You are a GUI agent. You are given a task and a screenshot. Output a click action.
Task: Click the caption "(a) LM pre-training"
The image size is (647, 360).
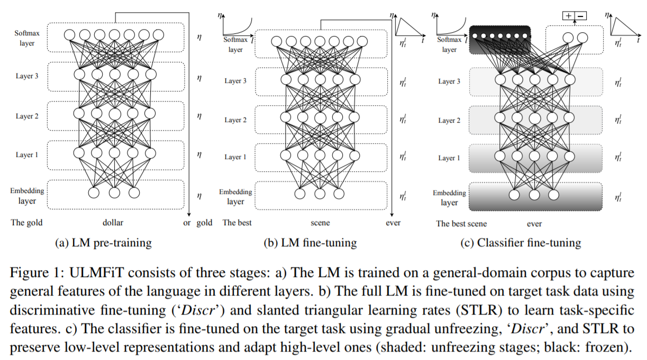click(103, 243)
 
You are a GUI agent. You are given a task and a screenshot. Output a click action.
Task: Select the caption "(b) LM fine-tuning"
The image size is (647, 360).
click(310, 243)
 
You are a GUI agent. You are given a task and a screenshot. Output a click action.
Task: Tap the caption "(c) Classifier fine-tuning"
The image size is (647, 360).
click(521, 243)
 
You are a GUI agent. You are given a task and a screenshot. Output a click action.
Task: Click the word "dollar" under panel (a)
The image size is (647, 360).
click(113, 223)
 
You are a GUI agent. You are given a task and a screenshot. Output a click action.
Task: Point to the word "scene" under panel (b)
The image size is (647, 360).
click(320, 223)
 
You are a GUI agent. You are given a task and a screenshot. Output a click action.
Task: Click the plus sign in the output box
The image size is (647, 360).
click(568, 15)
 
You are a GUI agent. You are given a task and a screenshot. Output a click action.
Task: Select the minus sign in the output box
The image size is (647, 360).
click(580, 16)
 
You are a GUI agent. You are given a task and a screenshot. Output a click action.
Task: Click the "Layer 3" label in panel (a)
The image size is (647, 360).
click(27, 76)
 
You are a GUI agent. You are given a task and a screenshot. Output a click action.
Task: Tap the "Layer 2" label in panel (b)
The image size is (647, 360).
click(235, 120)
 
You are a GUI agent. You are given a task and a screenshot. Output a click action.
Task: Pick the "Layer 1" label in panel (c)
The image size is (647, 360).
click(449, 158)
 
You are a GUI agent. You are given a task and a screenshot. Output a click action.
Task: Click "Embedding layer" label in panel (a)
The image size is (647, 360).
click(27, 196)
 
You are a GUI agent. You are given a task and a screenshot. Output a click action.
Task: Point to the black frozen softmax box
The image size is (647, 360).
click(500, 40)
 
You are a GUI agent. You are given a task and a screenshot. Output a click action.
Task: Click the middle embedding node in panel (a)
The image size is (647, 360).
click(114, 193)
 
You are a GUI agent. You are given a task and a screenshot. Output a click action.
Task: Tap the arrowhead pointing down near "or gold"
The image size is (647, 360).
click(189, 215)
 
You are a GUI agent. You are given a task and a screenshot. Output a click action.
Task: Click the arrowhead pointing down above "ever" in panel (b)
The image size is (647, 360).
click(391, 215)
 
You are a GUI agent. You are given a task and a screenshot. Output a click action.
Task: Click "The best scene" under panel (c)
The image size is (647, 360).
click(461, 224)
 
